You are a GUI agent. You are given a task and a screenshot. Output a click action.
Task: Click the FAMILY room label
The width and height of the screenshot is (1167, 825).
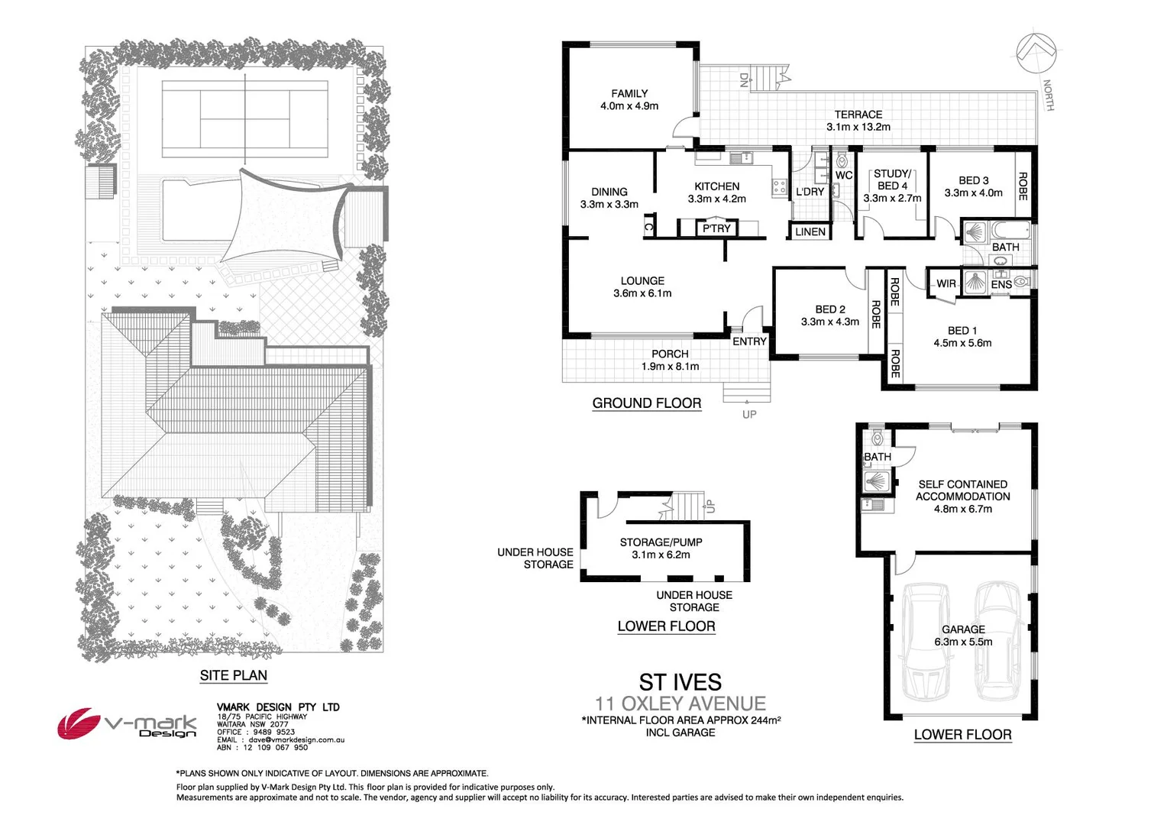(x=629, y=94)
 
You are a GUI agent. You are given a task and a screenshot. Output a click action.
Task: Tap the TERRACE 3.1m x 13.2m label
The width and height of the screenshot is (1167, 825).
(x=858, y=121)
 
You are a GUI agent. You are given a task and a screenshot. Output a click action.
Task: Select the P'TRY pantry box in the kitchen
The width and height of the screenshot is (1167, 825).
(x=716, y=228)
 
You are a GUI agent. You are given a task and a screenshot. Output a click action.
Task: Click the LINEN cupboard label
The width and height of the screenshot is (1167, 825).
(x=810, y=231)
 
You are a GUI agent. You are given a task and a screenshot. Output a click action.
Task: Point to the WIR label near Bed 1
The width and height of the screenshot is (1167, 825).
(x=946, y=283)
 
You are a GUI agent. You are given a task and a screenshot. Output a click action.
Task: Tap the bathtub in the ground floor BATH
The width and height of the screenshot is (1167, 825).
(x=1010, y=230)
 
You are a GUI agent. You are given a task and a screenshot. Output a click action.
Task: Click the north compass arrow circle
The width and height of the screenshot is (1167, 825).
(x=1036, y=53)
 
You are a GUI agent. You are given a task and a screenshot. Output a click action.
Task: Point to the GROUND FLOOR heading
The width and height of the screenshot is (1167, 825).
(x=647, y=403)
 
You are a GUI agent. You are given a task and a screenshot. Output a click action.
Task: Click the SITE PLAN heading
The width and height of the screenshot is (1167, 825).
(x=234, y=675)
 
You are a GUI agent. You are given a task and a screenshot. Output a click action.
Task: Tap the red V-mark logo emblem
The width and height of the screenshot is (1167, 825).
(x=78, y=723)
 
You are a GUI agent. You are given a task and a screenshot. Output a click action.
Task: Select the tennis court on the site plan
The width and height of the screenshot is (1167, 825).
(x=245, y=119)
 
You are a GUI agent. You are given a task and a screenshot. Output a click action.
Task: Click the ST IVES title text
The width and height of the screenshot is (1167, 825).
(x=680, y=682)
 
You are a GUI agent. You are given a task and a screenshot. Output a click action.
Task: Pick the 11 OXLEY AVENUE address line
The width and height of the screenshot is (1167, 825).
(x=680, y=704)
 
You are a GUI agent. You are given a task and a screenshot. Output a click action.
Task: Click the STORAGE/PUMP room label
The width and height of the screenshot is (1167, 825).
(x=661, y=542)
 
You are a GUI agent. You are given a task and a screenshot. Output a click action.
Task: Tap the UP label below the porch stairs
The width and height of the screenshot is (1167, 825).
(x=749, y=414)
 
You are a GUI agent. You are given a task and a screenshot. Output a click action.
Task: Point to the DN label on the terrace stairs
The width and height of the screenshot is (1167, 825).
(x=744, y=79)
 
